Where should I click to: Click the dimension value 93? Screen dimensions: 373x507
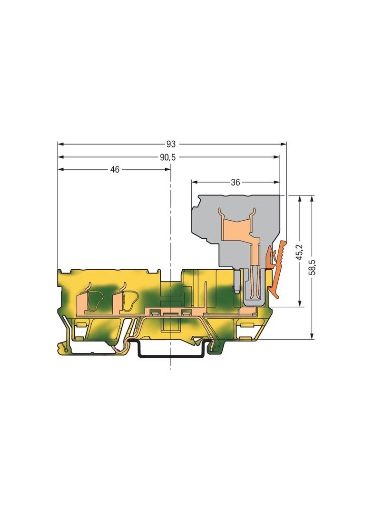pos(171,144)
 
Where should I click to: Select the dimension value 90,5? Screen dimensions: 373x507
pos(167,157)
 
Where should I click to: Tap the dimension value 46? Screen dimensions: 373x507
pos(115,169)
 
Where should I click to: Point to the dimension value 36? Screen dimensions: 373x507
pos(236,182)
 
